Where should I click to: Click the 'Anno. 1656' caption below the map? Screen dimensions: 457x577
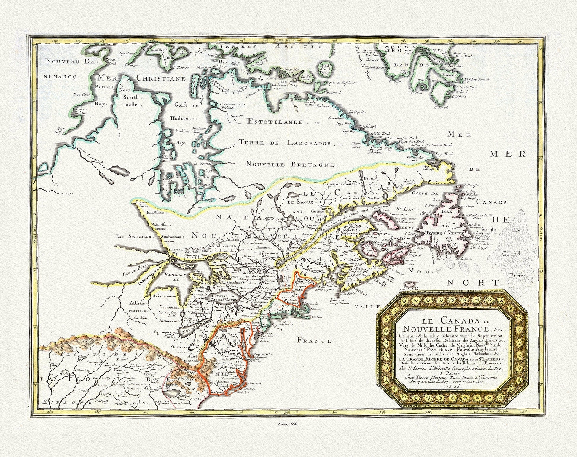coord(288,423)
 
